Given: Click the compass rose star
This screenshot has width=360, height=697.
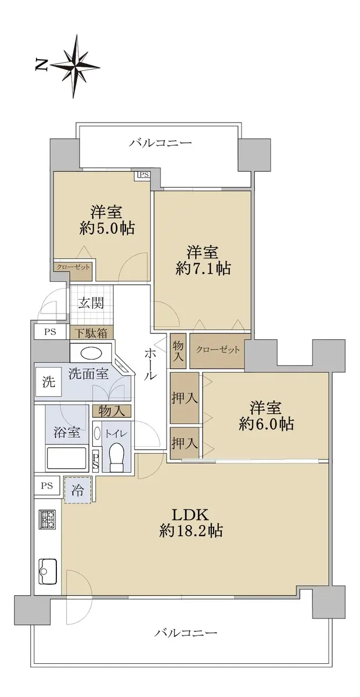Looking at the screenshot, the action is pos(75,66).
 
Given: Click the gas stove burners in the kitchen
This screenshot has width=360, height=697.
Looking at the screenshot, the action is pos(47,519).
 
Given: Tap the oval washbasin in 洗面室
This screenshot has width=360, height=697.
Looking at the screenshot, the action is pos(91,353).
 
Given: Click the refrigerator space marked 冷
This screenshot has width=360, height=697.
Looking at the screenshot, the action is pos(78,490).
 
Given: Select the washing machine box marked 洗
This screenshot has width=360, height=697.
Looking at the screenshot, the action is pos(48,382).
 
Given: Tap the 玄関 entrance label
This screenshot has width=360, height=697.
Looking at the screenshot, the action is pos(91,303).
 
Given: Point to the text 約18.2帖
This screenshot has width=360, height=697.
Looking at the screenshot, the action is pos(190,531).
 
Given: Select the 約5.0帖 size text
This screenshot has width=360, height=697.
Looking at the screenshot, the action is pos(107,228).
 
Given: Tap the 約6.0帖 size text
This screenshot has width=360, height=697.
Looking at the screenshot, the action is pos(267,423).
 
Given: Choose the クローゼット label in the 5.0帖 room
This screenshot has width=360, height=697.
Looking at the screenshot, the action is pos(73,267).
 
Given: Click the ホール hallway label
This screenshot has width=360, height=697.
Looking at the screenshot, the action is pos(149,364).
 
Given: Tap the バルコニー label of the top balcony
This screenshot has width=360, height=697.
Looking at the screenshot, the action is pos(161,143).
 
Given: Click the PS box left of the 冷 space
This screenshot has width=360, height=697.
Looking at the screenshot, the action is pos(46,486).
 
